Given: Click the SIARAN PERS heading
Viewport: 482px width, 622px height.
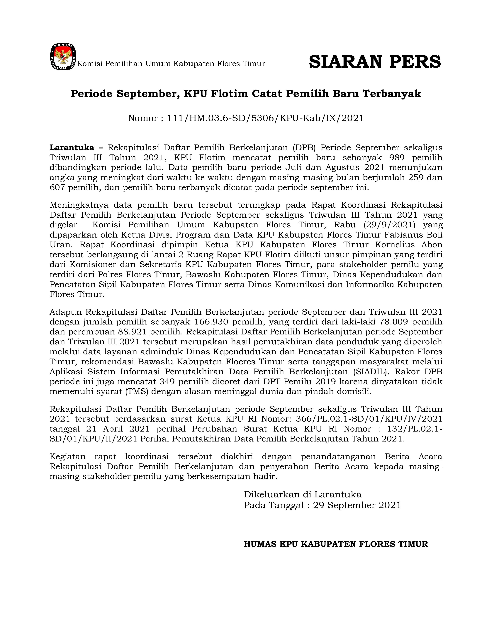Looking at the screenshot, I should tap(375, 62).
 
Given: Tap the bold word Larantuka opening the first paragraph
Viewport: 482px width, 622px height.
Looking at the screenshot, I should tap(72, 147).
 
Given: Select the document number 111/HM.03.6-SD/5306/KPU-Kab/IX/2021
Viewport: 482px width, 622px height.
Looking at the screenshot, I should tap(265, 118).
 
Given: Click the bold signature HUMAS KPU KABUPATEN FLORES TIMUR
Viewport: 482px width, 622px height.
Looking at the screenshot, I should tap(336, 544).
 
